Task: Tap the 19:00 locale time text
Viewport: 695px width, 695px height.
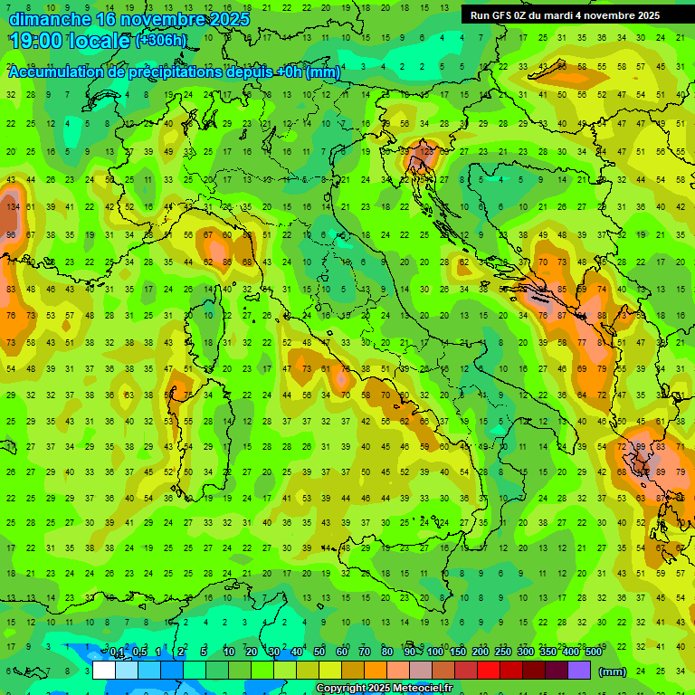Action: (x=69, y=40)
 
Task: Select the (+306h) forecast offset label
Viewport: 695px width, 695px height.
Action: (x=161, y=41)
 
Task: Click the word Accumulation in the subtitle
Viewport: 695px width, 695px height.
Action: (x=59, y=72)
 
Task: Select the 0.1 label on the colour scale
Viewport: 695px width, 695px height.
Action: (x=117, y=652)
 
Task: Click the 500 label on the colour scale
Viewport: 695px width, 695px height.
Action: (x=593, y=652)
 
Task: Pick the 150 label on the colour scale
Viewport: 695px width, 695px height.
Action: (x=458, y=652)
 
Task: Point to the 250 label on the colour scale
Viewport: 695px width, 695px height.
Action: (x=503, y=652)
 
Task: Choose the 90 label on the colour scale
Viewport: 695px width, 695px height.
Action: (x=411, y=652)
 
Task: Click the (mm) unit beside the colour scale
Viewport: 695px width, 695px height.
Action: (x=613, y=671)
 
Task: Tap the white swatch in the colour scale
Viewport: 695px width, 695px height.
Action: (x=104, y=671)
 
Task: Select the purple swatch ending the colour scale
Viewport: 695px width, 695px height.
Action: (x=579, y=671)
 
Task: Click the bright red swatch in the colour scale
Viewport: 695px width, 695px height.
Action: (x=489, y=671)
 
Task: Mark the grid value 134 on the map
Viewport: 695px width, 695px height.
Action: (x=12, y=207)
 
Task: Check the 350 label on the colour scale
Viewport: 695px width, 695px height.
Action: (x=548, y=652)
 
